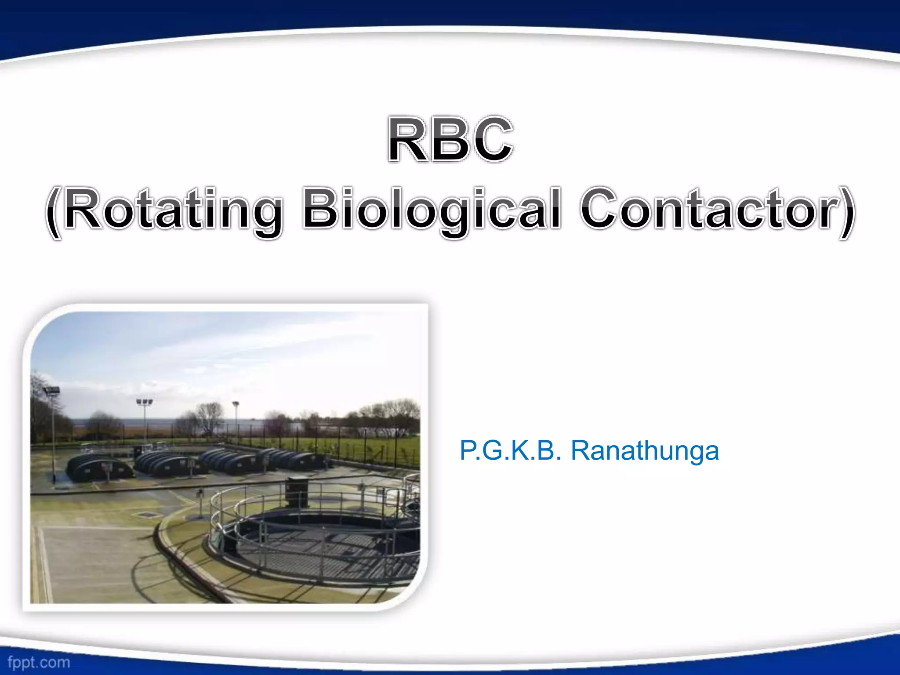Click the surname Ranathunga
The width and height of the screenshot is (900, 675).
tap(644, 451)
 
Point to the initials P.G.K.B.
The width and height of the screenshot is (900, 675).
tap(510, 451)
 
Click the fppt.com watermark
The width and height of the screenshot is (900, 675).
tap(39, 662)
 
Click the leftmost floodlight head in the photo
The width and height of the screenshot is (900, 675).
tap(52, 390)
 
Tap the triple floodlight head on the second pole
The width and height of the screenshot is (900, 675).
tap(145, 402)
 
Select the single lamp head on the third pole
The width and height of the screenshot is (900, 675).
tap(236, 404)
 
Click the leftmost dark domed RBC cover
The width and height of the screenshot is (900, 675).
tap(99, 467)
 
